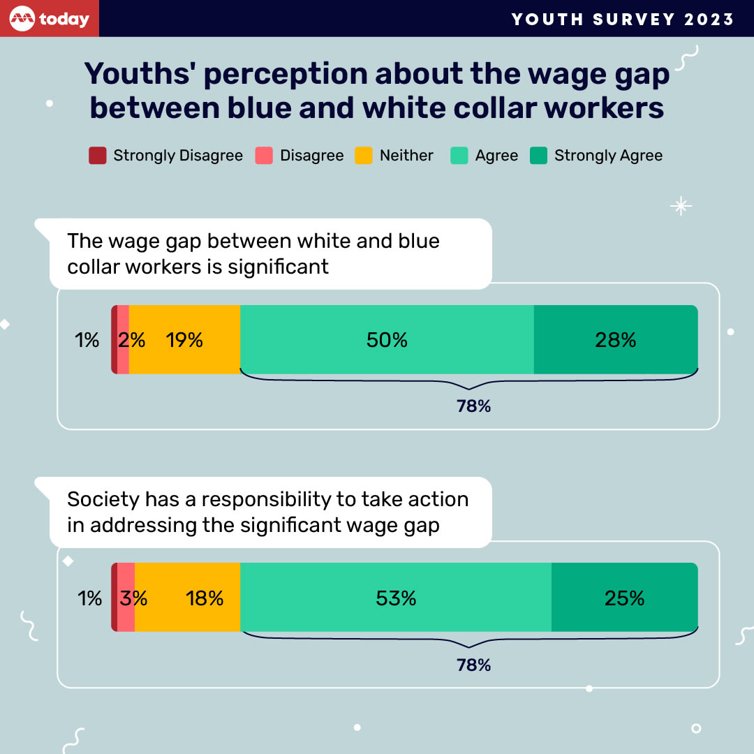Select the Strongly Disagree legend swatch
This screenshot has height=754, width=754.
pyautogui.click(x=97, y=156)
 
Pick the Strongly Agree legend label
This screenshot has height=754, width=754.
pyautogui.click(x=608, y=156)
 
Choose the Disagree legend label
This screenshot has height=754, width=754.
pyautogui.click(x=311, y=156)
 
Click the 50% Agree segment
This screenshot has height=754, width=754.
pyautogui.click(x=387, y=340)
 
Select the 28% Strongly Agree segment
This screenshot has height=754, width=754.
pyautogui.click(x=615, y=340)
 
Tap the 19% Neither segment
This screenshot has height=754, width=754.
pyautogui.click(x=184, y=340)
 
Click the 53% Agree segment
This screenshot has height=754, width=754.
pyautogui.click(x=395, y=598)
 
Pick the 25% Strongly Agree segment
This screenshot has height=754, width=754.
pyautogui.click(x=624, y=598)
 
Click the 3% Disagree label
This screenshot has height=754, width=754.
pyautogui.click(x=133, y=598)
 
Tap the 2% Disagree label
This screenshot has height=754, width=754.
pyautogui.click(x=131, y=340)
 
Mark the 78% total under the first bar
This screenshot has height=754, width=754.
pyautogui.click(x=474, y=406)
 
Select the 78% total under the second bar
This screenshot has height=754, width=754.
pyautogui.click(x=474, y=665)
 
